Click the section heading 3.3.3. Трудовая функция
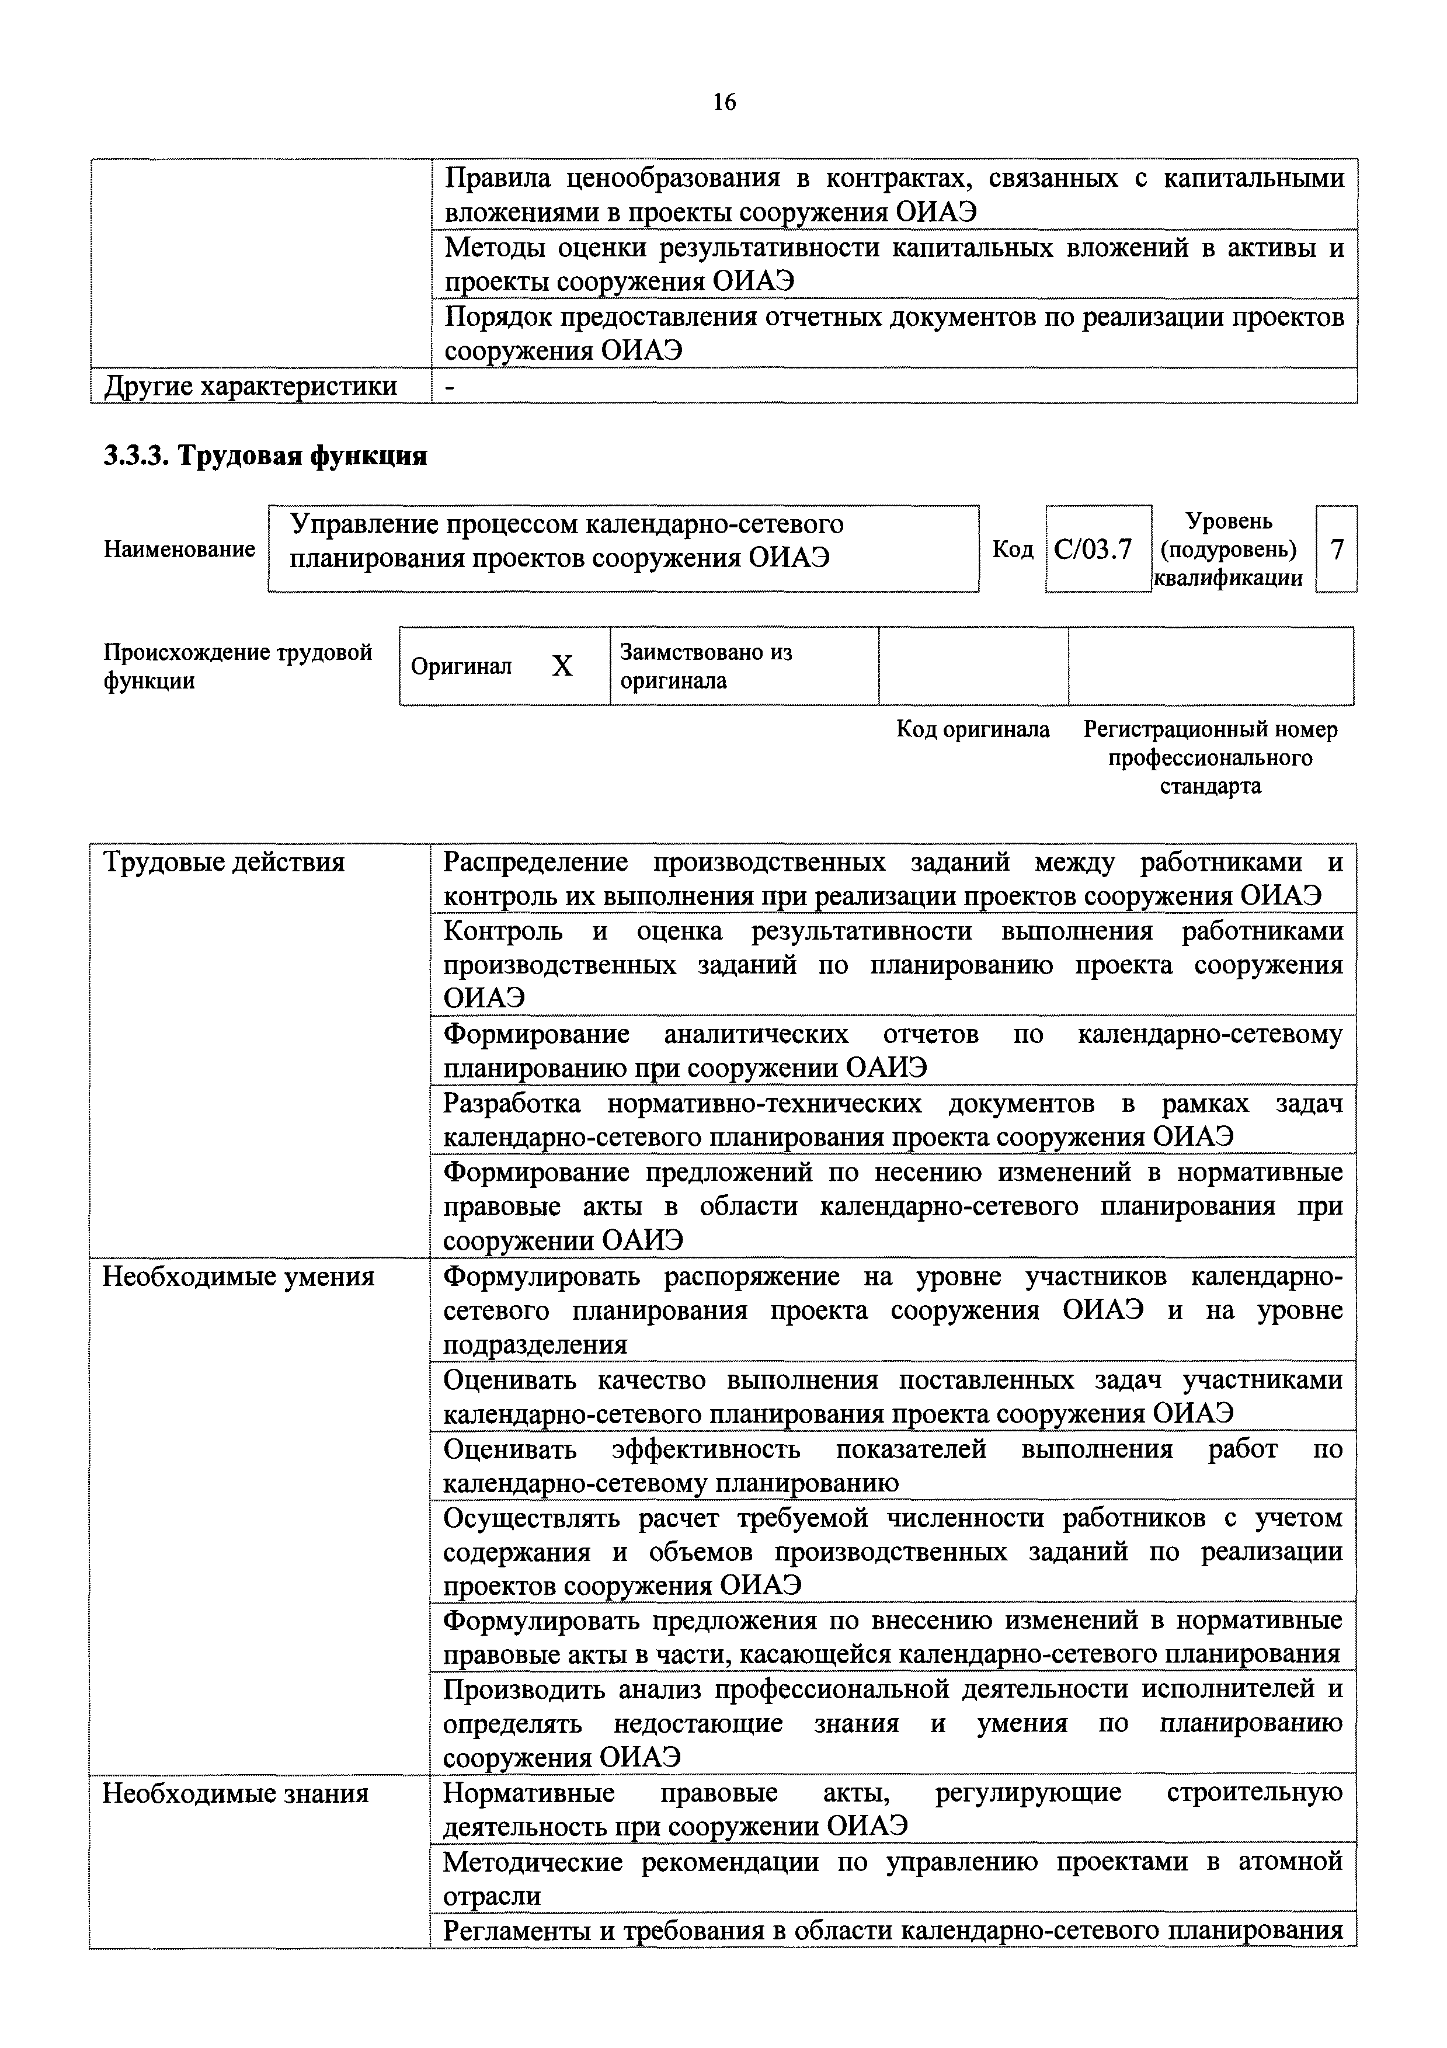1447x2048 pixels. click(265, 456)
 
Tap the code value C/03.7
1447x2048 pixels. click(1093, 548)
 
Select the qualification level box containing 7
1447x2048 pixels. click(1335, 548)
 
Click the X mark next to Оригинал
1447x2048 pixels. click(562, 666)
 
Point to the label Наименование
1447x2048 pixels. click(179, 548)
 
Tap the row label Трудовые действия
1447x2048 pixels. click(224, 863)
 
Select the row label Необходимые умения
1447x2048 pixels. click(238, 1277)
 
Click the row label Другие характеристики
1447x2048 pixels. click(251, 386)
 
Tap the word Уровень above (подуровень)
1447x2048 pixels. click(1229, 521)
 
